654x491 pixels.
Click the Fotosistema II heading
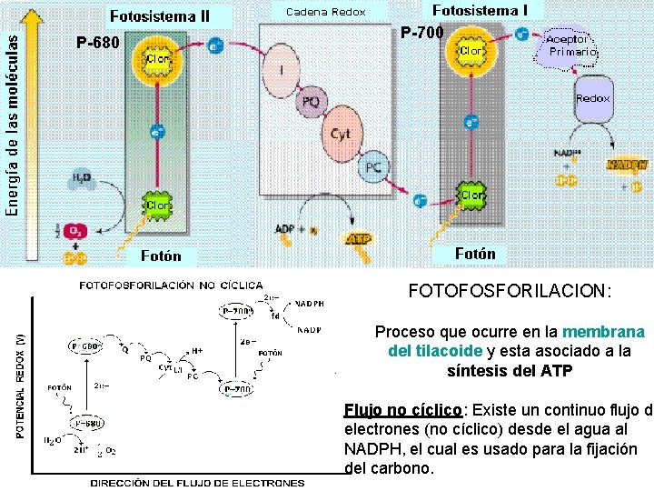coord(160,15)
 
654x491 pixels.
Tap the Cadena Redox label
coord(325,12)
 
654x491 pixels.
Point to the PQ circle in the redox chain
coord(311,102)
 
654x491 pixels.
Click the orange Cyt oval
coord(341,134)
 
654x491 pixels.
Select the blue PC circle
coord(373,167)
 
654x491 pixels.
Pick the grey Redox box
coord(592,99)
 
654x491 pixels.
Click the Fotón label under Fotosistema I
coord(474,254)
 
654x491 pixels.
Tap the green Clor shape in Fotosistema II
coord(157,205)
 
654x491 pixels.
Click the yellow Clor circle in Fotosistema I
coord(471,52)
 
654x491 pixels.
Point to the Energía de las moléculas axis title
coord(12,118)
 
